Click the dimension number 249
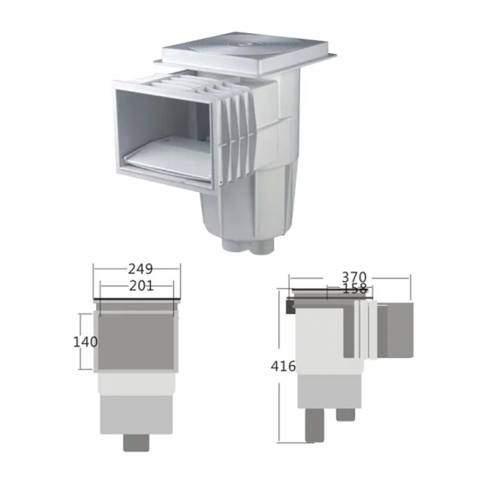(141, 269)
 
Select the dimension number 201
(141, 286)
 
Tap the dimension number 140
(86, 342)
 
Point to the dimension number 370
(353, 278)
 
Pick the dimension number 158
(354, 288)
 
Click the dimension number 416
(283, 367)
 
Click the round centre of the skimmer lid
(246, 45)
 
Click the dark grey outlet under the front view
(136, 442)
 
